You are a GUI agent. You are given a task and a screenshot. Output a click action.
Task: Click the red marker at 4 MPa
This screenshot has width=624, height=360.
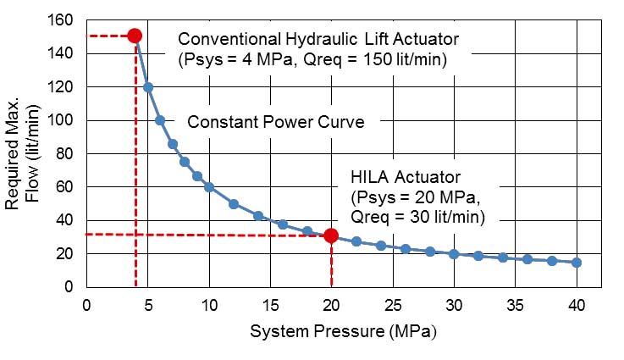(135, 36)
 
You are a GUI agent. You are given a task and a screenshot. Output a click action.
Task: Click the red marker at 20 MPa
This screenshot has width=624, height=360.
(331, 235)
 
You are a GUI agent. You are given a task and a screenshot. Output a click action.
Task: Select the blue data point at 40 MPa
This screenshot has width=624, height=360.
(577, 263)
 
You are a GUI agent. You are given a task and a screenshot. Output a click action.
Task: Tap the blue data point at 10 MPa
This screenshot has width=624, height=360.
(209, 186)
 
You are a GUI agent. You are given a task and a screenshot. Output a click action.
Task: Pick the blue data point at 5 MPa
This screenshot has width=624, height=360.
(147, 86)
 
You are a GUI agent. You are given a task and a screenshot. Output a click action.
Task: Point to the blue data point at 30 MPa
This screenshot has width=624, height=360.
(454, 254)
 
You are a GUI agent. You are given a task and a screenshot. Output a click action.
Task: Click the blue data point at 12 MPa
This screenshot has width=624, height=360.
(234, 204)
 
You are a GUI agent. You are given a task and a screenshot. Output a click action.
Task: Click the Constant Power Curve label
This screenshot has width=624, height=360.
(275, 122)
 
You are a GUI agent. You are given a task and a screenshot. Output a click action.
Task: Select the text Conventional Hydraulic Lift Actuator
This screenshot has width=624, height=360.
(318, 39)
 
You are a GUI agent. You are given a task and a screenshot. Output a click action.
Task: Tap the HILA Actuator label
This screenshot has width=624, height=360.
(405, 178)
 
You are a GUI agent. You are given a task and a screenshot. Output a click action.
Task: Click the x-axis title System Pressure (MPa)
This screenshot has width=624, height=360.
(343, 331)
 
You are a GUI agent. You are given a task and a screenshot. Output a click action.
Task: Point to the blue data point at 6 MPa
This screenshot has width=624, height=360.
(160, 120)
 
